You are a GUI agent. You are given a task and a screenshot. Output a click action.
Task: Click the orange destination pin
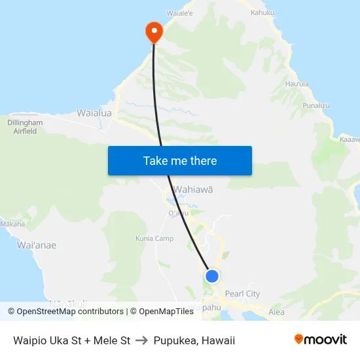pos(154,31)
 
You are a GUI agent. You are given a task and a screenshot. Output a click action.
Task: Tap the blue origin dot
pos(211,276)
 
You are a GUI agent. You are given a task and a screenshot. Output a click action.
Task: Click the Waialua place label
pos(94,113)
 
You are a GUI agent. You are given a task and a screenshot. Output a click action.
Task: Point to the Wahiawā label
pos(193,190)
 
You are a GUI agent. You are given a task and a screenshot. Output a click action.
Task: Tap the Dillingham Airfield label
pos(25,126)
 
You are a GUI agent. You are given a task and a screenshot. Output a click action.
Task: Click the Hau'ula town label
pos(298,83)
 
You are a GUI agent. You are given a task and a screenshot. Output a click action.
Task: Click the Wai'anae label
pos(37,245)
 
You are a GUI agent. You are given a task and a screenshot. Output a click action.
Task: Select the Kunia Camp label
pos(154,239)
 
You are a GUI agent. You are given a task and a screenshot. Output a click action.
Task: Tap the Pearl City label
pos(242,294)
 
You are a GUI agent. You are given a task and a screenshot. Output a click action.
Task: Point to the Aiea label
pos(276,313)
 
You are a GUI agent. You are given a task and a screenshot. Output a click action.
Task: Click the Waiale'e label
pos(179,12)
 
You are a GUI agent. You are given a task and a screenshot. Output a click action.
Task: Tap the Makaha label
pos(12,224)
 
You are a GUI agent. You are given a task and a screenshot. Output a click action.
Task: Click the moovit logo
pos(321,339)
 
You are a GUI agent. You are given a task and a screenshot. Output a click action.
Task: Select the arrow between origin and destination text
pos(142,340)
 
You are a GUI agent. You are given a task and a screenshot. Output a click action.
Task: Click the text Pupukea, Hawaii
pos(194,340)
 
